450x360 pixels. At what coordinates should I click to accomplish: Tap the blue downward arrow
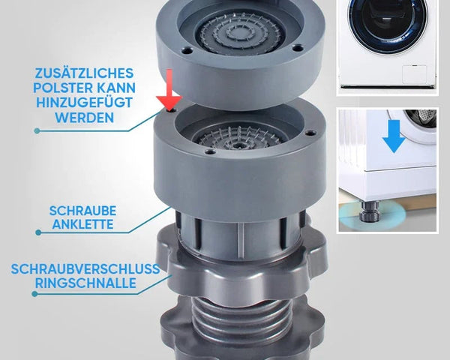[x=394, y=136]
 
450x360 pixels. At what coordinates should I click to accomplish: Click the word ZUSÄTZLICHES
[x=84, y=73]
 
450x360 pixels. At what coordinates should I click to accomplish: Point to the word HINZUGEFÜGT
[x=84, y=103]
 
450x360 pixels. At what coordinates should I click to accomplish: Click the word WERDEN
[x=85, y=118]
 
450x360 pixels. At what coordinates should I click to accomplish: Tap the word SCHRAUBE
[x=83, y=211]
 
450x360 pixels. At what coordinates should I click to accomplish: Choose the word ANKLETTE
[x=83, y=224]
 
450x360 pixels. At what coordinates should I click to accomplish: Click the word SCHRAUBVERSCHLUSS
[x=85, y=269]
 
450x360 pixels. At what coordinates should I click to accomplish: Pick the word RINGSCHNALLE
[x=85, y=283]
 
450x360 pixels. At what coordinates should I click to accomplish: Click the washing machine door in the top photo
[x=388, y=23]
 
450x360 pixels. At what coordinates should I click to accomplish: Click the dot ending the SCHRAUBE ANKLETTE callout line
[x=38, y=232]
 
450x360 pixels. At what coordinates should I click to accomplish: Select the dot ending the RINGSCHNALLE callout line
[x=34, y=294]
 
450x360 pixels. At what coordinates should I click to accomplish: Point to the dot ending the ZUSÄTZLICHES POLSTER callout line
[x=37, y=131]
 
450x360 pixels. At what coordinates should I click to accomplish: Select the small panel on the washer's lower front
[x=414, y=74]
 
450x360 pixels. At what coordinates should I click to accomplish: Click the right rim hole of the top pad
[x=297, y=46]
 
